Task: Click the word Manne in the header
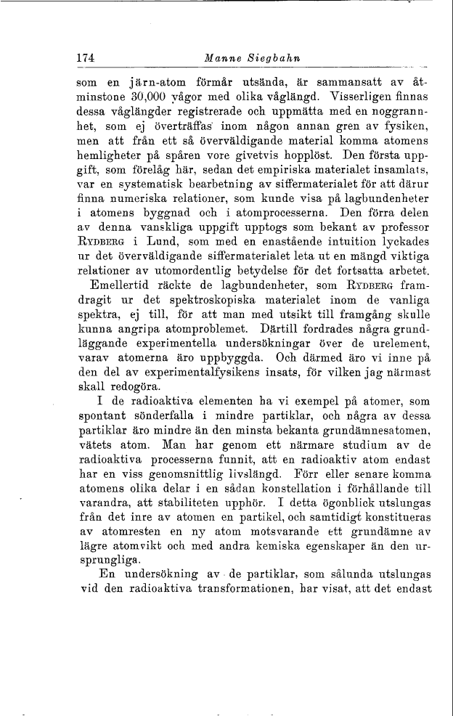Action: (x=221, y=59)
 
